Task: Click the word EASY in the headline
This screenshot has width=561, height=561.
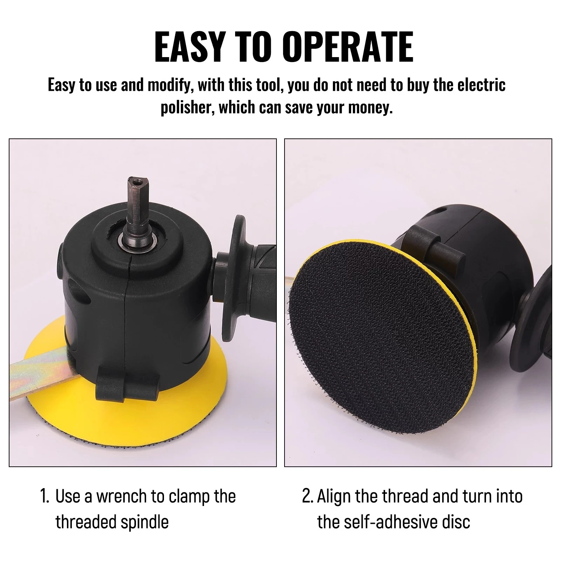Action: click(x=189, y=47)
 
